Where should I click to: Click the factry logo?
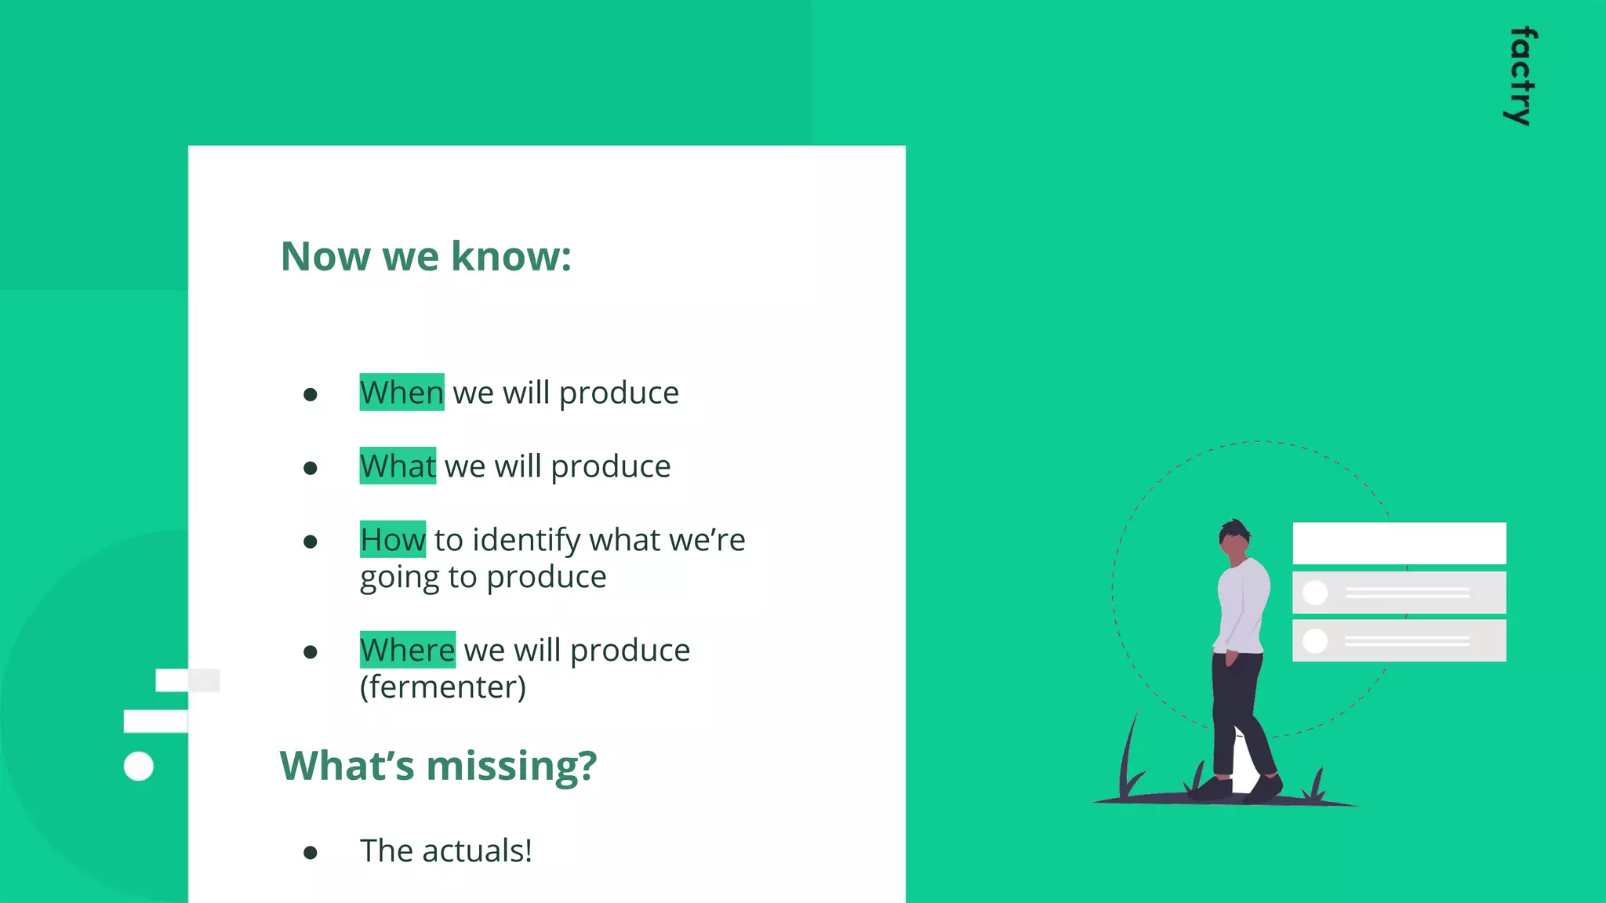click(1521, 76)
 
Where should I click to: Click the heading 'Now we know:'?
click(426, 256)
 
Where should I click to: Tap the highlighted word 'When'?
click(401, 392)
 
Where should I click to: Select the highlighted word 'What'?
click(398, 466)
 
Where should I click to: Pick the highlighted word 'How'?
click(393, 539)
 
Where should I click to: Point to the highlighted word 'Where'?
click(407, 650)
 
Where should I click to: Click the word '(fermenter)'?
click(443, 687)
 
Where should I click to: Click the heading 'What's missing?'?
click(438, 765)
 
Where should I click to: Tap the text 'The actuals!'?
click(445, 850)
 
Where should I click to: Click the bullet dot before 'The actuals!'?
click(311, 853)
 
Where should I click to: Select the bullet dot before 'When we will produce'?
click(311, 394)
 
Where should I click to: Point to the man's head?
click(1234, 539)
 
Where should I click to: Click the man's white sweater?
click(1243, 604)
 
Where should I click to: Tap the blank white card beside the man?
click(1399, 543)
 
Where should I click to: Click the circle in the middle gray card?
click(1315, 593)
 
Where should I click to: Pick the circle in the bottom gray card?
click(1315, 641)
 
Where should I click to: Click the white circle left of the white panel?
click(139, 766)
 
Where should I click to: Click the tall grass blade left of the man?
click(1130, 752)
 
